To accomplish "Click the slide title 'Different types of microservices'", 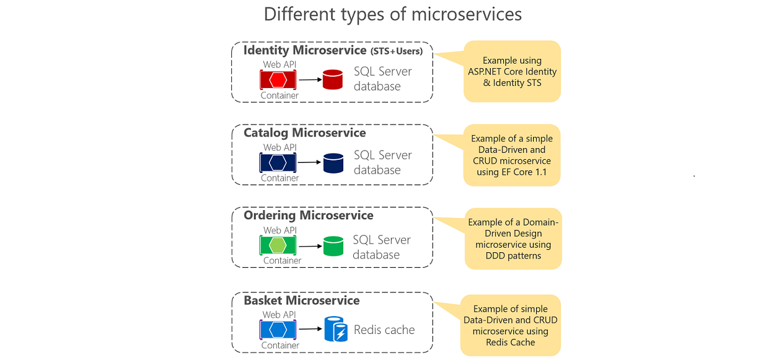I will (x=393, y=14).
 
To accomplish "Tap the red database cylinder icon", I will (x=333, y=79).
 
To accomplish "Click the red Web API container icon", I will (x=278, y=79).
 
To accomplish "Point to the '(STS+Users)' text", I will (x=397, y=51).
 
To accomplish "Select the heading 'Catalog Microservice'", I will (x=304, y=133).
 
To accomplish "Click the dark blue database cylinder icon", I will (x=333, y=163).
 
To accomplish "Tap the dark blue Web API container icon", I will (x=278, y=163).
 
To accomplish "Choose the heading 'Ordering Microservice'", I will (x=308, y=216).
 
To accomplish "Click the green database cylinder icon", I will (x=333, y=246).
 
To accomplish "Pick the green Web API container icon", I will (x=278, y=246).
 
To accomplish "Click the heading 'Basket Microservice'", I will (x=301, y=301).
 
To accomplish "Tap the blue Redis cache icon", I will (x=336, y=330).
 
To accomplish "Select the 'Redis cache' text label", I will (x=384, y=330).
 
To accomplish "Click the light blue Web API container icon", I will (x=278, y=330).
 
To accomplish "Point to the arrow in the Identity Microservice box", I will (x=309, y=79).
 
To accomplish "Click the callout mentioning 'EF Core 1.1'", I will (x=512, y=156).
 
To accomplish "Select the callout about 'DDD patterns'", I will (x=513, y=239).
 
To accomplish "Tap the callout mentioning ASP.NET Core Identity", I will (x=512, y=71).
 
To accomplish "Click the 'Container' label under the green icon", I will (x=282, y=260).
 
